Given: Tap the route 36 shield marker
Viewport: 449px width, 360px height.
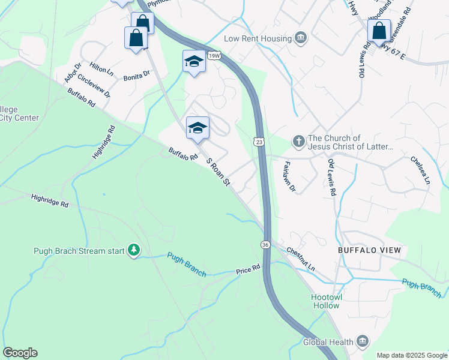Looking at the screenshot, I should point(265,244).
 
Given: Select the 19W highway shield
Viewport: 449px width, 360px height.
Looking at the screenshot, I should point(213,56).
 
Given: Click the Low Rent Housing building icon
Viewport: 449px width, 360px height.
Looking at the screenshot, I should point(301,38).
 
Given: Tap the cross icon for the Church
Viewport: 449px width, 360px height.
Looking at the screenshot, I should point(298,142).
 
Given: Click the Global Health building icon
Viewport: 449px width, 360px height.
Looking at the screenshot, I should point(362,341).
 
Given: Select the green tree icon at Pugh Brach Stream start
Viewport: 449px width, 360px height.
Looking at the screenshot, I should point(134,250).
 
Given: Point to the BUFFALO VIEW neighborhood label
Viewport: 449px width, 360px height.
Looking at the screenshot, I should point(369,250).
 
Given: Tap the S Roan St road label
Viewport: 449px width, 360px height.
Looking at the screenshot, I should point(218,170).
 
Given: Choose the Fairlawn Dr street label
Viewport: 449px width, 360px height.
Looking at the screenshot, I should point(289,176).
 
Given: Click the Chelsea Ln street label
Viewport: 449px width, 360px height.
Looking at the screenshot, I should point(420,170).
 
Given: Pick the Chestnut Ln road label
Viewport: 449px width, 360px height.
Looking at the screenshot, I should point(301,259).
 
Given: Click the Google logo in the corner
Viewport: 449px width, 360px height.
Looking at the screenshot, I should point(20,353).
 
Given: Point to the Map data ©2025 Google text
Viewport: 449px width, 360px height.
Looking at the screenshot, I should point(411,355).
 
